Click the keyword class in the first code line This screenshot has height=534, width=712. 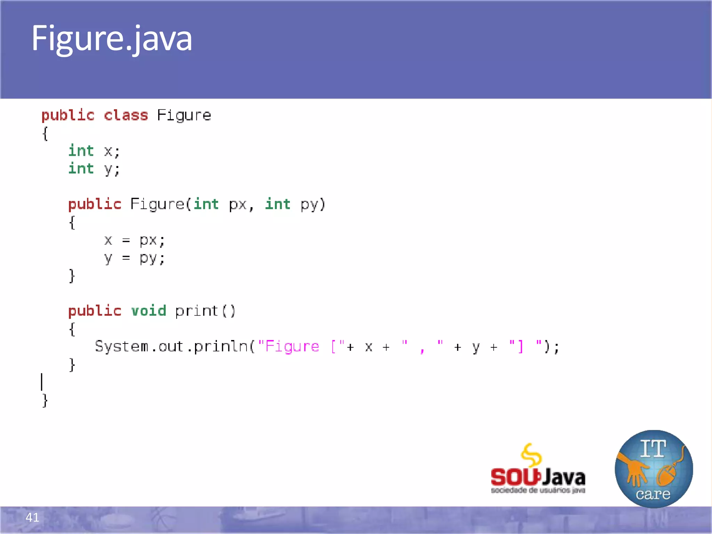coord(126,115)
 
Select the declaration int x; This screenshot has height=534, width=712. coord(94,151)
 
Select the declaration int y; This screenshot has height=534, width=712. coord(94,169)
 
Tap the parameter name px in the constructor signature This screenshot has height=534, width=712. coord(238,204)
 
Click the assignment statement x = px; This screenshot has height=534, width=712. coord(134,240)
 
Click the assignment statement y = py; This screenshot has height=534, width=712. coord(134,258)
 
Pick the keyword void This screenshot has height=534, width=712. coord(148,310)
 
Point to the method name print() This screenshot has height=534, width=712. coord(205,311)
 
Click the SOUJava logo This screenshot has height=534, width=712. coord(537,469)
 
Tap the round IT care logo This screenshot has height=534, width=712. coord(654,469)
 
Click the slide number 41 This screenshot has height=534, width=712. coord(32,517)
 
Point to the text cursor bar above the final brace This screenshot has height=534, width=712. coord(42,382)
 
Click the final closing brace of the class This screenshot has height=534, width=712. coord(45,400)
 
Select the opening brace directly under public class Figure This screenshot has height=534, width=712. coord(45,133)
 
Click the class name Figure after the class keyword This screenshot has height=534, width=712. coord(184,115)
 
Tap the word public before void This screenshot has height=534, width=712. coord(95,310)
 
